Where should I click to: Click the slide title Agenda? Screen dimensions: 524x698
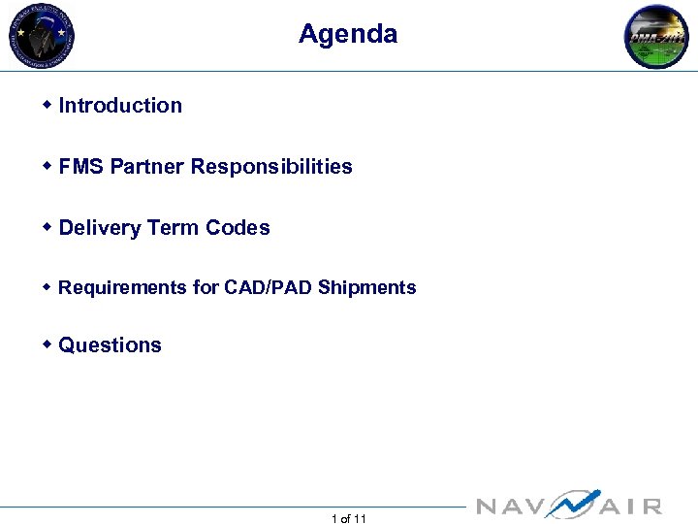click(348, 34)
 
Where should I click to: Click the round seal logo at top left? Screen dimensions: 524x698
click(42, 36)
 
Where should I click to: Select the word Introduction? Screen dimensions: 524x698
click(120, 106)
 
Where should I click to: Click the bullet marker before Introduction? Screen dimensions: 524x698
click(48, 105)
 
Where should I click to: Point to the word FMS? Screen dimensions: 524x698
click(81, 167)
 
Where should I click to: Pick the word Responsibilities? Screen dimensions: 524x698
click(271, 167)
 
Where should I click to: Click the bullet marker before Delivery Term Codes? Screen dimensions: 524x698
click(48, 227)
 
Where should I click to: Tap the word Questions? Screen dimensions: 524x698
click(111, 345)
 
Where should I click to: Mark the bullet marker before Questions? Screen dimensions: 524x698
click(48, 344)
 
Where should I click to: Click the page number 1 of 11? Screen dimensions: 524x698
click(349, 519)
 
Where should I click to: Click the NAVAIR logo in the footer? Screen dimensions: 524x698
click(570, 505)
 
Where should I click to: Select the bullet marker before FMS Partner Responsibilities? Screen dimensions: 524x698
click(48, 166)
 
